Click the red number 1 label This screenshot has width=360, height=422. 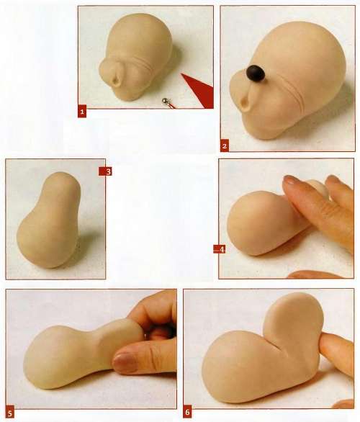point(82,111)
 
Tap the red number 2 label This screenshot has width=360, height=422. point(225,145)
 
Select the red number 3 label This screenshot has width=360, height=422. point(106,171)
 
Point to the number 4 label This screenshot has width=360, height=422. point(220,249)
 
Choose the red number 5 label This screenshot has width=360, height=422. point(10,413)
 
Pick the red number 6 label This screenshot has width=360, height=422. point(187,412)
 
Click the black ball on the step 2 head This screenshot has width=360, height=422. point(256,73)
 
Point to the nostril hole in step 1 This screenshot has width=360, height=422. point(117,80)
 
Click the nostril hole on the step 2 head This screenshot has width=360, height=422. point(246,104)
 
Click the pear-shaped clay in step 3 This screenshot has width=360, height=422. point(49,220)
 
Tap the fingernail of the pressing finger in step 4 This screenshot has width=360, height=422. point(292,180)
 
